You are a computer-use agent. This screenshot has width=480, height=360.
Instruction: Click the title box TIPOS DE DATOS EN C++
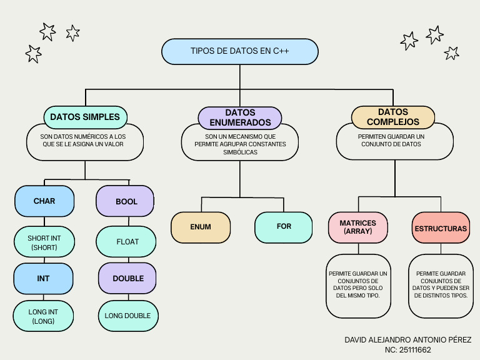tap(240, 51)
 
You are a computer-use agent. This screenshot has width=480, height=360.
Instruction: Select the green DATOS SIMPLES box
tap(86, 117)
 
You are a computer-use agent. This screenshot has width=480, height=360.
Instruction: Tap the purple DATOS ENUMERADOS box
tap(240, 117)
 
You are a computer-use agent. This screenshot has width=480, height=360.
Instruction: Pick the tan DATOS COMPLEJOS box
tap(394, 117)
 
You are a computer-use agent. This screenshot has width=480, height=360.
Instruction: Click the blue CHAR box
tap(44, 201)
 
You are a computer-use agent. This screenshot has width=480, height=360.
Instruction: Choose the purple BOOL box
tap(126, 202)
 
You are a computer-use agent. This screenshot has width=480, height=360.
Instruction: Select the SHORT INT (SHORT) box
tap(44, 242)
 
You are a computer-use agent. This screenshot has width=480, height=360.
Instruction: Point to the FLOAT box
tap(127, 241)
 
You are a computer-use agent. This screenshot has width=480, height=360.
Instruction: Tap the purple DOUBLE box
tap(128, 279)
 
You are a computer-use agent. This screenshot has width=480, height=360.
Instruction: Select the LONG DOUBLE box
tap(128, 316)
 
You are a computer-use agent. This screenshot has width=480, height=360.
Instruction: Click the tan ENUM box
tap(201, 227)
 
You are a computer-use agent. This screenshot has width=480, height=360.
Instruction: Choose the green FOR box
tap(284, 226)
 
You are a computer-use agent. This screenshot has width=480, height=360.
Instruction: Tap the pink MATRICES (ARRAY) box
tap(357, 227)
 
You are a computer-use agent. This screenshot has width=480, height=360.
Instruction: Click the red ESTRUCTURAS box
tap(441, 229)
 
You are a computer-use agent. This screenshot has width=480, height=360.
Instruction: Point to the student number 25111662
tap(408, 350)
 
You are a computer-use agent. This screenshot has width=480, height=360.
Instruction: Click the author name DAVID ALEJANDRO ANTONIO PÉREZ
tap(408, 339)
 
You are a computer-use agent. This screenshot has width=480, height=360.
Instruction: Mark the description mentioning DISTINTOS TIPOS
tap(441, 284)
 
